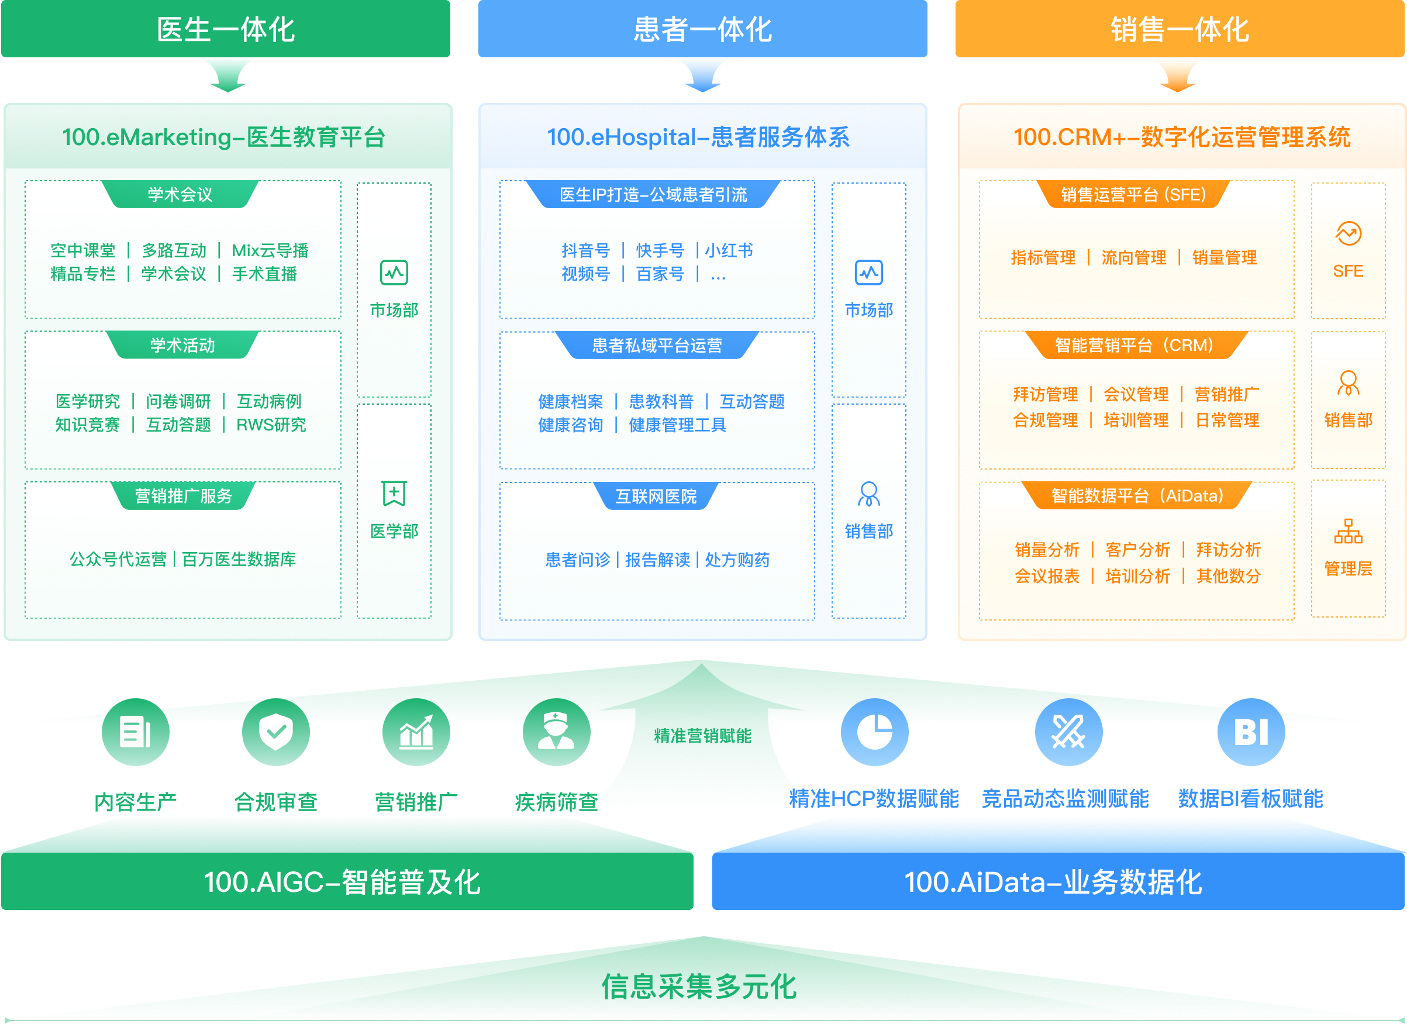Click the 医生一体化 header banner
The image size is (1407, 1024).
point(226,29)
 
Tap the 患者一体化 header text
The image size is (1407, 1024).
point(702,29)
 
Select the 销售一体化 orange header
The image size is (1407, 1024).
point(1180,29)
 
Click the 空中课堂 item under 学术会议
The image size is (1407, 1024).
point(82,250)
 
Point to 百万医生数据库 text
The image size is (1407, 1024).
point(239,560)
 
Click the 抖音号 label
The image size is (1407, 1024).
point(585,250)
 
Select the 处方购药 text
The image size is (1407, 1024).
point(737,560)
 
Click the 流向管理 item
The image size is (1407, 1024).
point(1133,257)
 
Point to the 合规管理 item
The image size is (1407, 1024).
point(1046,420)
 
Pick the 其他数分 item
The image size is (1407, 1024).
point(1228,576)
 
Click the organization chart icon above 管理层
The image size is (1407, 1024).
point(1348,532)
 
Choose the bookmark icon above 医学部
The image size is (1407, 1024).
point(394,494)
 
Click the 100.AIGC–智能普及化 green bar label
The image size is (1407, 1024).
point(342,882)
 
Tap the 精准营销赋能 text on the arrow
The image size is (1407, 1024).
point(702,736)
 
